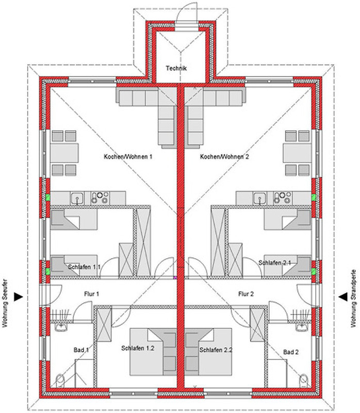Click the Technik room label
click(176, 68)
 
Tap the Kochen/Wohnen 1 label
click(128, 157)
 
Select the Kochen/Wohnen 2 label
click(224, 157)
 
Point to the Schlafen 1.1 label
click(84, 267)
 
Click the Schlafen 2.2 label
click(216, 350)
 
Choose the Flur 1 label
click(92, 294)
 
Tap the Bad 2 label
click(291, 352)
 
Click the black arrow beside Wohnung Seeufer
click(19, 297)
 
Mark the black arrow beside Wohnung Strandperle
click(342, 297)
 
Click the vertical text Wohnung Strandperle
click(353, 298)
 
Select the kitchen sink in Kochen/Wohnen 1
click(77, 198)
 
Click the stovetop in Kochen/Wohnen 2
click(283, 198)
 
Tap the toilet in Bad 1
click(60, 380)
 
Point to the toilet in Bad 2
click(303, 380)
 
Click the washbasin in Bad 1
click(61, 327)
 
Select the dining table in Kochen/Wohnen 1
click(64, 153)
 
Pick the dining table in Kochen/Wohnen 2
click(297, 153)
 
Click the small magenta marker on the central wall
click(175, 277)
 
